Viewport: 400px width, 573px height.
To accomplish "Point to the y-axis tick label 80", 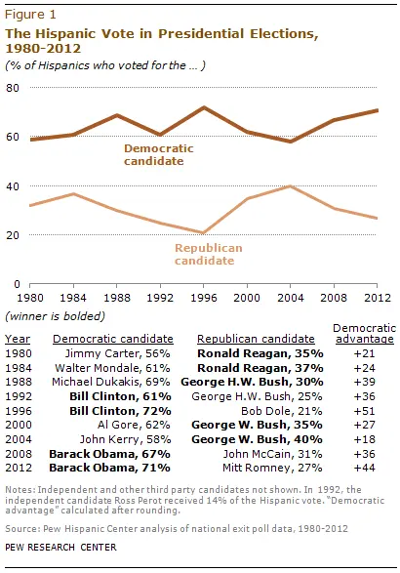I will click(14, 88).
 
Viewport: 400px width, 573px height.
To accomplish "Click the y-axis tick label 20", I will click(14, 234).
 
